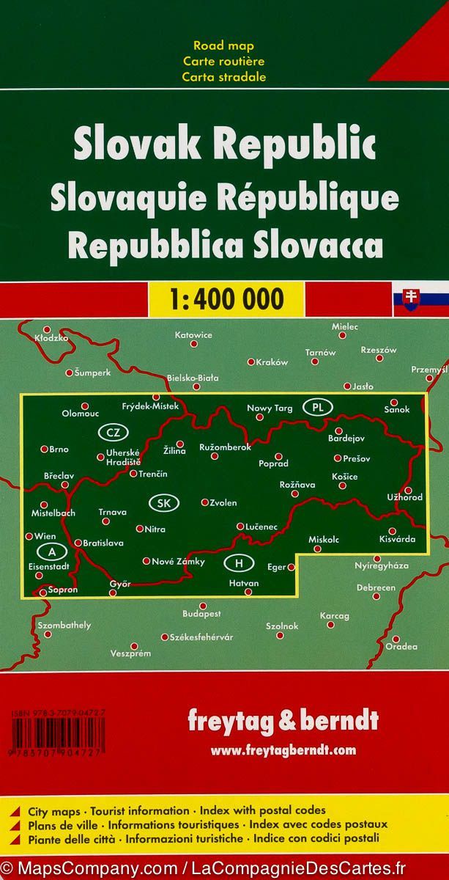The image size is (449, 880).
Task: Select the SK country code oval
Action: (x=163, y=502)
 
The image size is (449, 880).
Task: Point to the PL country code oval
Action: (x=317, y=407)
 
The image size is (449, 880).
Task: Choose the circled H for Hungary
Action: (x=238, y=563)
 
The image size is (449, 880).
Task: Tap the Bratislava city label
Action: (x=103, y=543)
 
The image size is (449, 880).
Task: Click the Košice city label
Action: (x=344, y=477)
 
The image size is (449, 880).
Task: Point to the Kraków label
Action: (x=272, y=362)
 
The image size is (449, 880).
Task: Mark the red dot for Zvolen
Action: (x=204, y=502)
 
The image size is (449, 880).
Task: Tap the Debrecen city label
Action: (x=376, y=588)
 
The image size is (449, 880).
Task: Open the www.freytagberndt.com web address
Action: (x=283, y=749)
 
